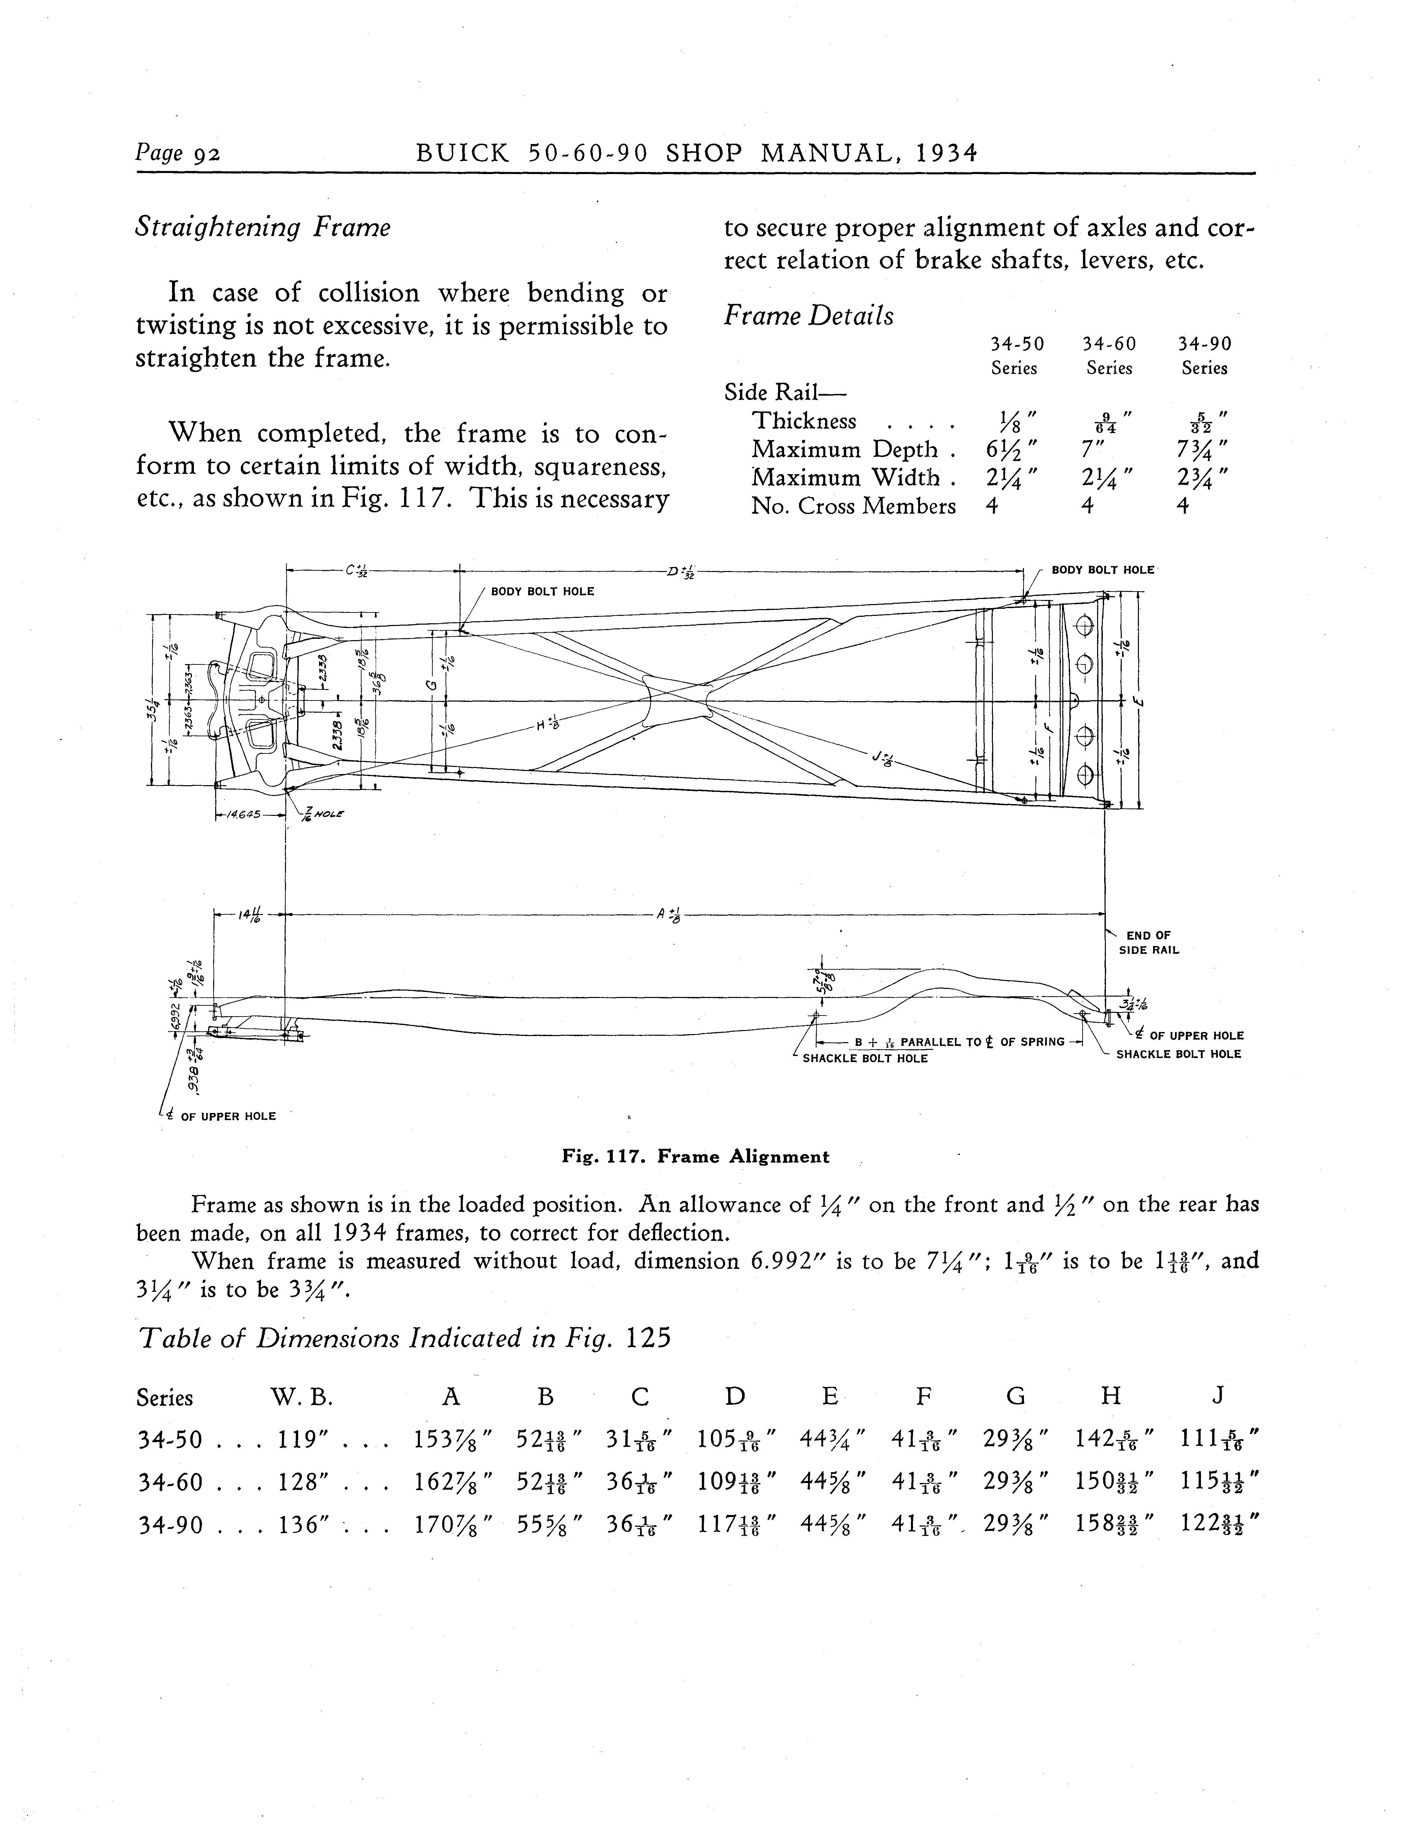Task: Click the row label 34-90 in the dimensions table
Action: [x=170, y=1525]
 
